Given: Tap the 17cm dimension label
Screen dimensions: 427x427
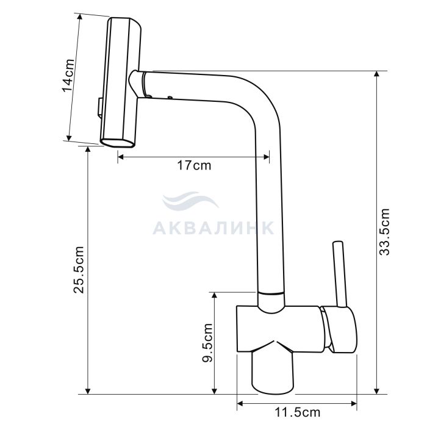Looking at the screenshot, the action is (x=194, y=165).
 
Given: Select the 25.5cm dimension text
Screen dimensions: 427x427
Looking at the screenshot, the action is (x=79, y=270).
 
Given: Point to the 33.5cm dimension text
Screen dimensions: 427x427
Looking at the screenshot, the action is (x=384, y=232).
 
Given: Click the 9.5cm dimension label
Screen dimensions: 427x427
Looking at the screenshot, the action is (x=207, y=343).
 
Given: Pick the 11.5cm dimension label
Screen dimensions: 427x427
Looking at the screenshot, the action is (x=297, y=412).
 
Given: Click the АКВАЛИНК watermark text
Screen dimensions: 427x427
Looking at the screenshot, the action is (x=213, y=228).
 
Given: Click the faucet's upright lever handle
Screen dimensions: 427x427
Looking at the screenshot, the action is (x=340, y=274).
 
